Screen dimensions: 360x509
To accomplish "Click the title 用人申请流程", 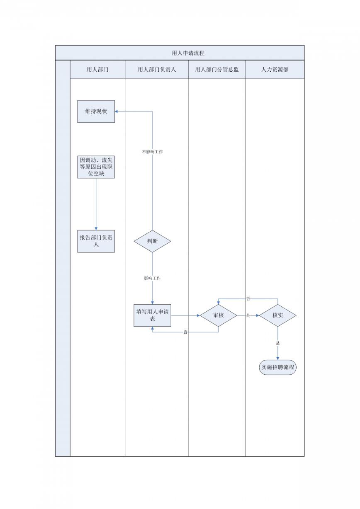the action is point(188,53).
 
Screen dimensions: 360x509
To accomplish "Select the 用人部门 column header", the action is point(97,70).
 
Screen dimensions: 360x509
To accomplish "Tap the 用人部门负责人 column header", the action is point(157,70).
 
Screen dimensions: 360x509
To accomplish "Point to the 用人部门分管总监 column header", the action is point(217,70).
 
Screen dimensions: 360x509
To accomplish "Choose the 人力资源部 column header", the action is point(275,70).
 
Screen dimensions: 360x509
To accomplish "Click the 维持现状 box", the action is point(96,111).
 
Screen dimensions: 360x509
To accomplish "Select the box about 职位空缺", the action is point(96,167).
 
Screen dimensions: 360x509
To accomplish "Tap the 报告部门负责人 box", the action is point(96,241).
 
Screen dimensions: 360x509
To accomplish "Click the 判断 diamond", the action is point(152,241).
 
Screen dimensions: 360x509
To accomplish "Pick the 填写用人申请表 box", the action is point(152,315).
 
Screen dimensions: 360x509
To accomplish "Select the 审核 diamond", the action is point(218,315).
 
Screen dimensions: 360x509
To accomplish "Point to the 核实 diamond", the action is point(278,315).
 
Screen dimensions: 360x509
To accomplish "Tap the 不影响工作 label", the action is point(152,152).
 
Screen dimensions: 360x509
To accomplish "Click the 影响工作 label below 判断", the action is point(152,279).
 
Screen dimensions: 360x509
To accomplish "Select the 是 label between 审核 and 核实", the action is point(248,315).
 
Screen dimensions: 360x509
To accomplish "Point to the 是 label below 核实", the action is point(278,343).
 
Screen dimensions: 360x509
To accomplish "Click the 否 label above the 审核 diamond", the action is point(248,299).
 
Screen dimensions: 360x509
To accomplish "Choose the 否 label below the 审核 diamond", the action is point(185,332).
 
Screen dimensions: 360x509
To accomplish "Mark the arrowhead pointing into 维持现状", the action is point(116,111).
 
